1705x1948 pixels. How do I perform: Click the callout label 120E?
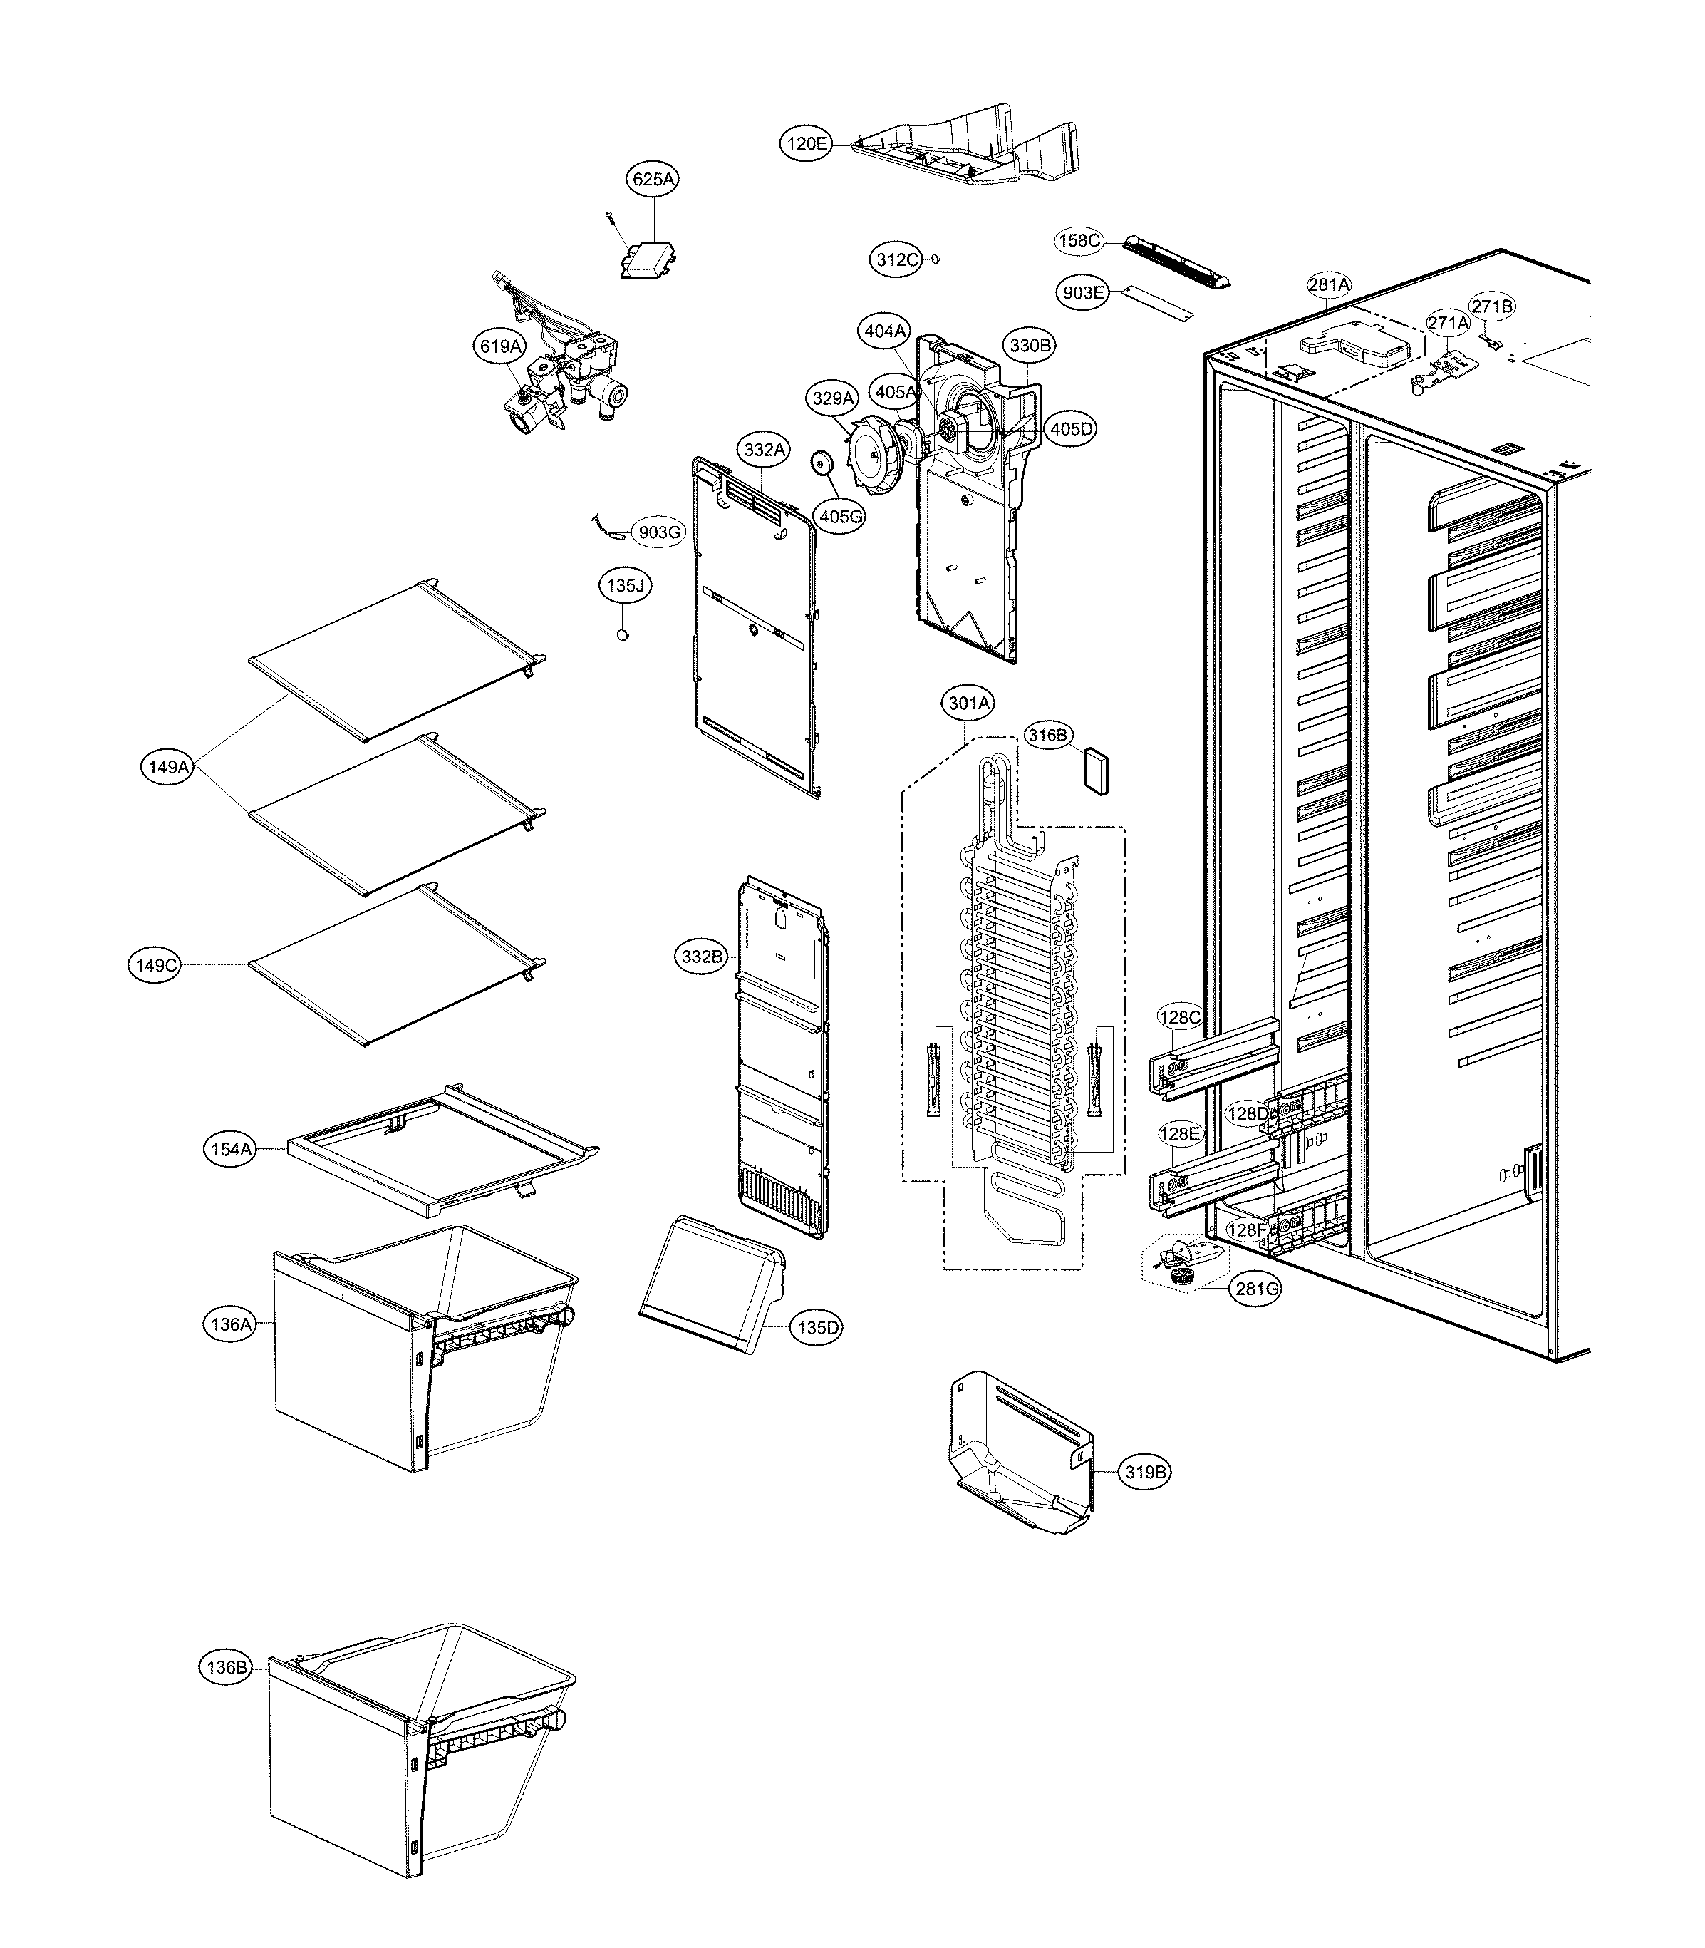click(806, 144)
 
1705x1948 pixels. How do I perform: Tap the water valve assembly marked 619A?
click(566, 390)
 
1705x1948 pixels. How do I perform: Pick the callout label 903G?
click(659, 532)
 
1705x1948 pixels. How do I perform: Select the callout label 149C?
click(155, 965)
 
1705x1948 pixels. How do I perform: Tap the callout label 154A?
click(231, 1150)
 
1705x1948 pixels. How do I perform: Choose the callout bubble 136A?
click(231, 1324)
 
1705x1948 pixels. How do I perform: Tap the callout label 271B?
click(1491, 306)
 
